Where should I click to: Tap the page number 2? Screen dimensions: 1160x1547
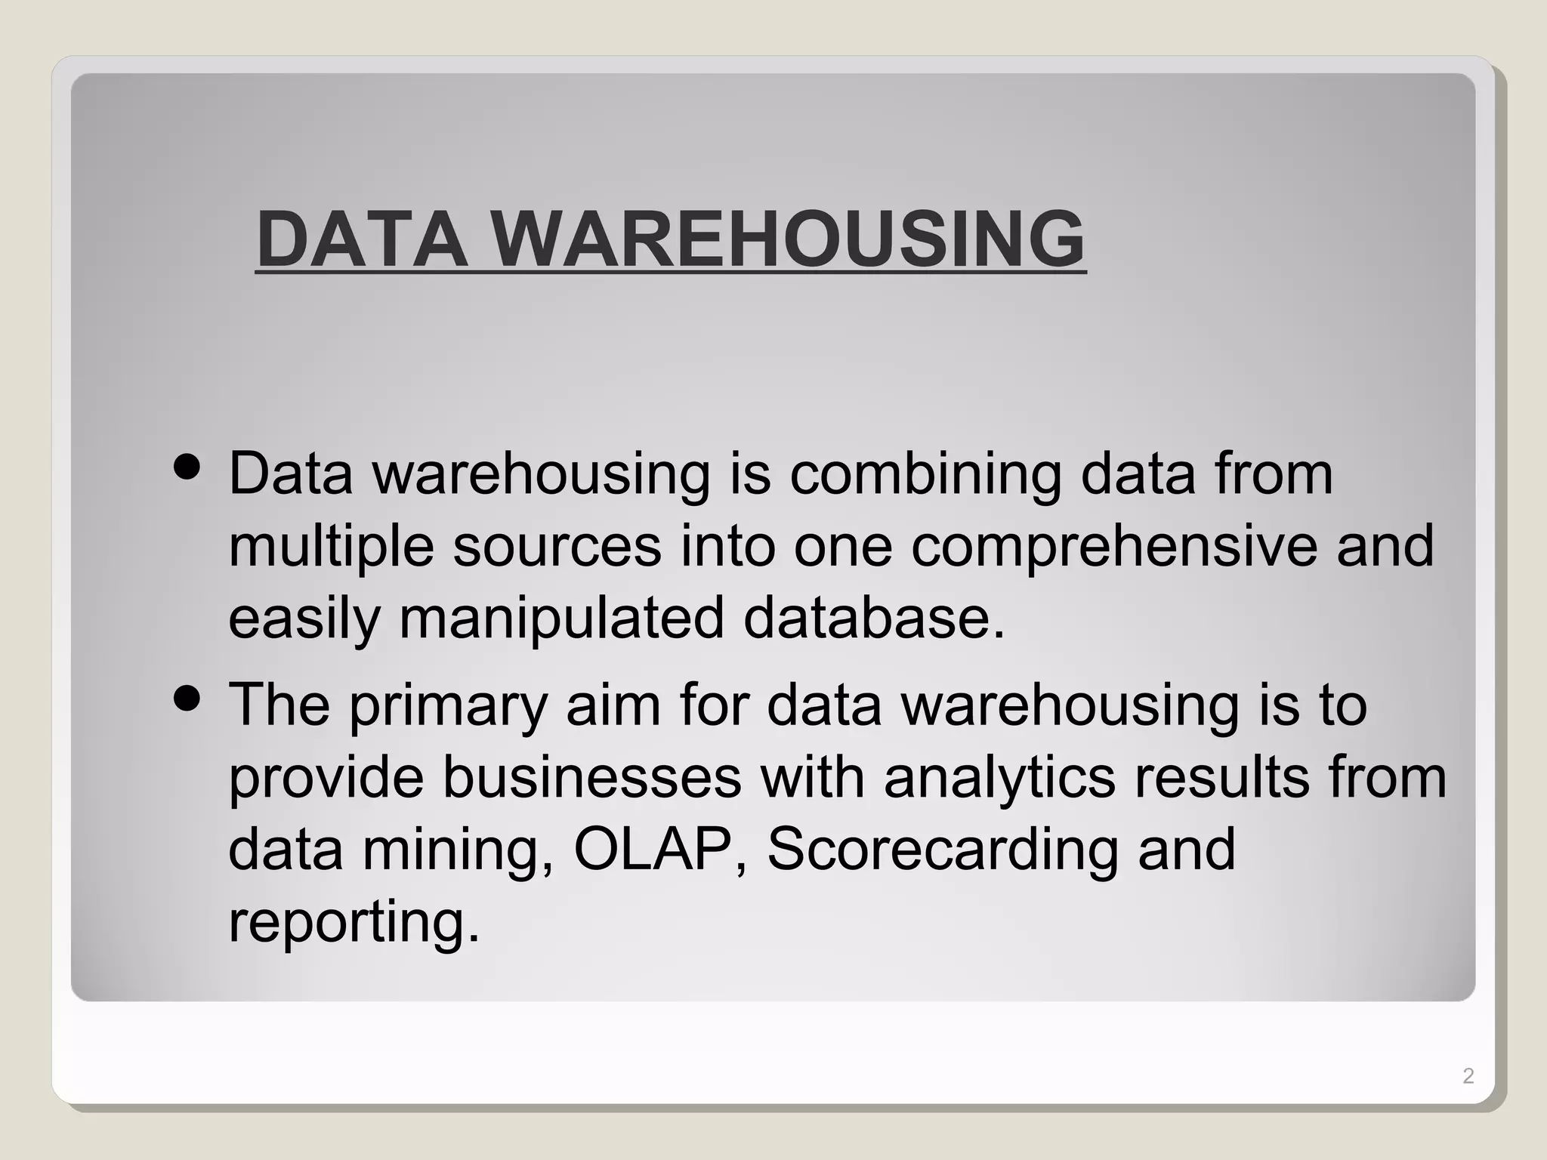(x=1468, y=1076)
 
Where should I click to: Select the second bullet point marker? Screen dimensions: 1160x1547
(x=187, y=699)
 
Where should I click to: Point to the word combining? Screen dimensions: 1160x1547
(x=925, y=476)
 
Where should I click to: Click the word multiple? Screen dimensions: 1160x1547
(x=331, y=548)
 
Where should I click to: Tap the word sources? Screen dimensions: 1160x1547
(x=557, y=546)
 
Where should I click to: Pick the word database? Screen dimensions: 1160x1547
(x=874, y=618)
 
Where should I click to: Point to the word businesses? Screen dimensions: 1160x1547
(x=591, y=778)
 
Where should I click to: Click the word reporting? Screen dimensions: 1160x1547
(x=353, y=923)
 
